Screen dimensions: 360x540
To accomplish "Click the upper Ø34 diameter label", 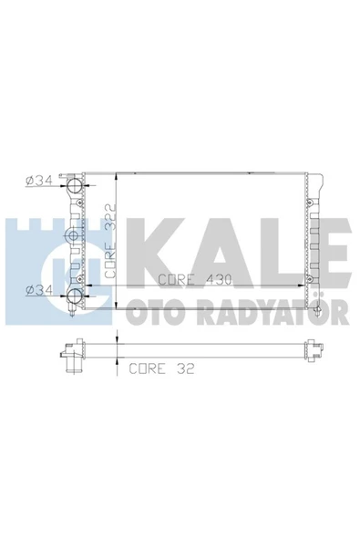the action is pos(39,180).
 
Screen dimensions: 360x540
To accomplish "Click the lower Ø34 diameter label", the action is pos(39,290).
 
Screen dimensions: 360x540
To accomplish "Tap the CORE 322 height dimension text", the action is pos(110,241).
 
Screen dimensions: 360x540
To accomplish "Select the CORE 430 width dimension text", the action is pos(195,279).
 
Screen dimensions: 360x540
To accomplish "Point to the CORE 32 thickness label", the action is pos(161,369).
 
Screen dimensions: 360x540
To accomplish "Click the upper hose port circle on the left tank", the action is pos(75,186).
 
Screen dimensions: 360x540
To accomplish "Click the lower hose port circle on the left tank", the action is pos(75,296).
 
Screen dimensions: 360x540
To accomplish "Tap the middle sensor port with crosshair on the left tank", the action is pos(73,235).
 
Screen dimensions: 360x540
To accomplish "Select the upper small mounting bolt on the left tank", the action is pos(79,203).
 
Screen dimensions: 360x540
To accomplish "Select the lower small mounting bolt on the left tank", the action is pos(79,278).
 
